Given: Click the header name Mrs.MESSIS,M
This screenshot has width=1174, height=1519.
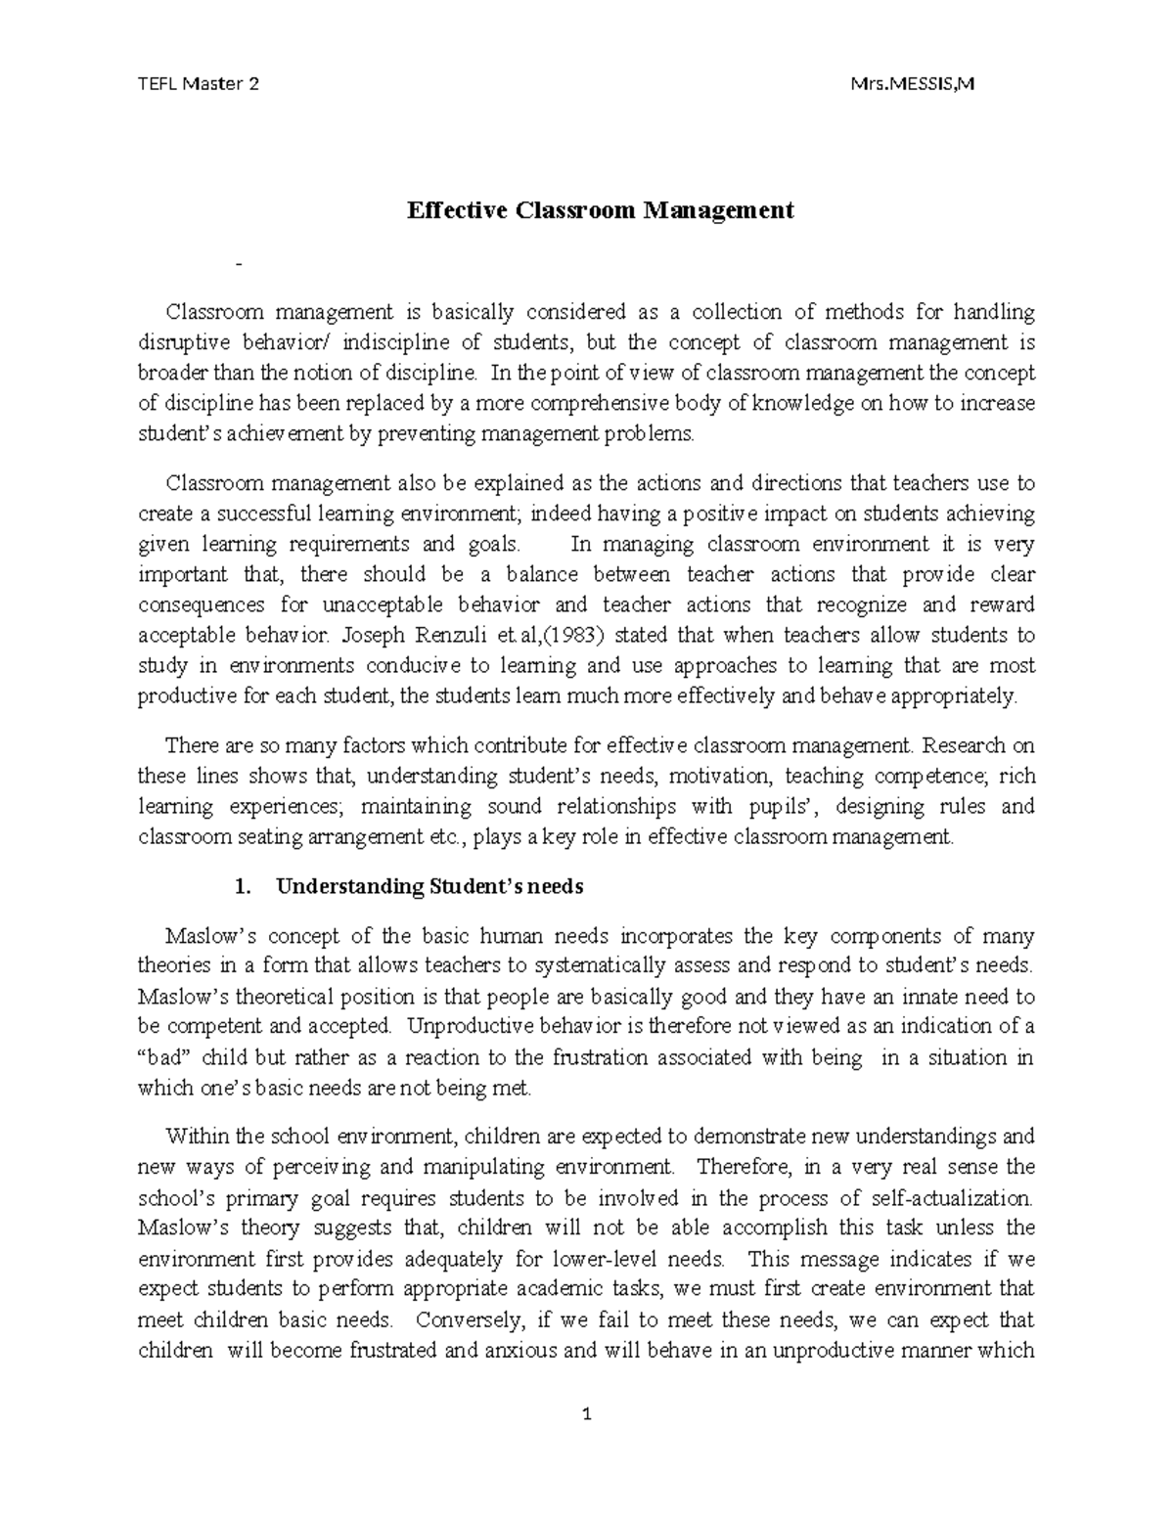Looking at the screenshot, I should click(914, 84).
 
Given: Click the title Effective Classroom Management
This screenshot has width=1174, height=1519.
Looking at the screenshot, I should click(600, 210).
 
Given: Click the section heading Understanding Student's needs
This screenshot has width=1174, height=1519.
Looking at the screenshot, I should click(429, 887).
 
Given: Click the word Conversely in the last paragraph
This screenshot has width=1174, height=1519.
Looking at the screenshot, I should click(470, 1320).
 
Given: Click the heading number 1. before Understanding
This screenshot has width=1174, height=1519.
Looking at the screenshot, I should click(244, 887).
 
